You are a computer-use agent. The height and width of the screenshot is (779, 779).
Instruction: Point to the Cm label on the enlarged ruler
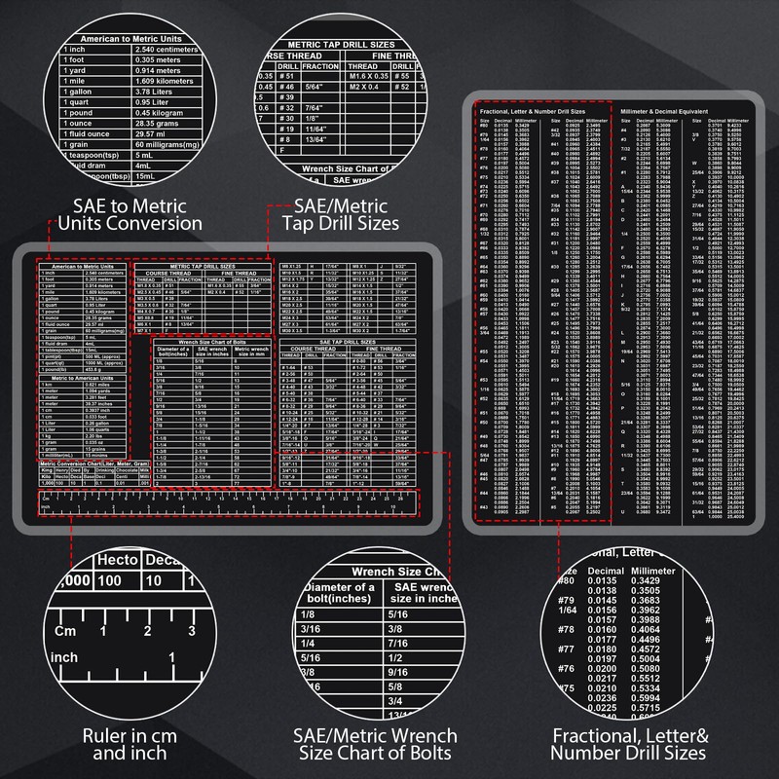click(x=66, y=631)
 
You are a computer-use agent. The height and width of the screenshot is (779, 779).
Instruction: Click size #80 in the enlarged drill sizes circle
click(x=566, y=581)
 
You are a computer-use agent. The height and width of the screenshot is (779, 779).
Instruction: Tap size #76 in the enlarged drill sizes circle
click(x=566, y=671)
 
